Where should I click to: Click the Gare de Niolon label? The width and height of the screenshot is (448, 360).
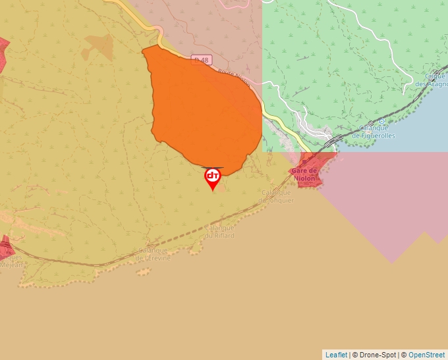pyautogui.click(x=304, y=174)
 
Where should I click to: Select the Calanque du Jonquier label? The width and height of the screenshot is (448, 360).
pyautogui.click(x=277, y=196)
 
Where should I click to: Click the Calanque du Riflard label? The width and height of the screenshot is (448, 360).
pyautogui.click(x=219, y=232)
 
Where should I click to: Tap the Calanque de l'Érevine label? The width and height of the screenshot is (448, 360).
pyautogui.click(x=153, y=254)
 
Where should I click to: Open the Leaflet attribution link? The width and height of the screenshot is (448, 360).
pyautogui.click(x=336, y=355)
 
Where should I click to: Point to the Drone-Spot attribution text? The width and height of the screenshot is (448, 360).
pyautogui.click(x=374, y=355)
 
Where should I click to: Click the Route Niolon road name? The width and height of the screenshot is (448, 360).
pyautogui.click(x=233, y=78)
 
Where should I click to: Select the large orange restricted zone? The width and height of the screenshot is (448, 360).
pyautogui.click(x=204, y=105)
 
